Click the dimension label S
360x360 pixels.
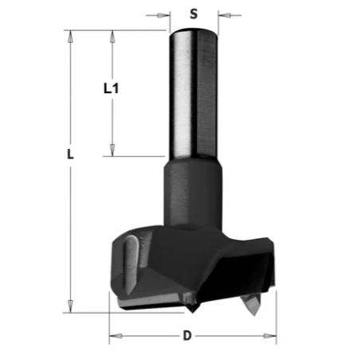click(x=194, y=14)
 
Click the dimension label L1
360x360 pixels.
click(x=111, y=88)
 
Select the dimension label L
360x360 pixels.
click(x=70, y=155)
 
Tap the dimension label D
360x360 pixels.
click(x=187, y=336)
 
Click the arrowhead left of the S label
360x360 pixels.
click(x=163, y=15)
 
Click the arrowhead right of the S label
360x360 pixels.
click(x=224, y=15)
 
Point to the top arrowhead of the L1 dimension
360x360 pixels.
click(x=112, y=37)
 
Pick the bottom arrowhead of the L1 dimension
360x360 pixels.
click(x=112, y=150)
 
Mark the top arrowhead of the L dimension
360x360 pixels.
click(x=70, y=37)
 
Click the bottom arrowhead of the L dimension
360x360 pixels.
click(x=70, y=307)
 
